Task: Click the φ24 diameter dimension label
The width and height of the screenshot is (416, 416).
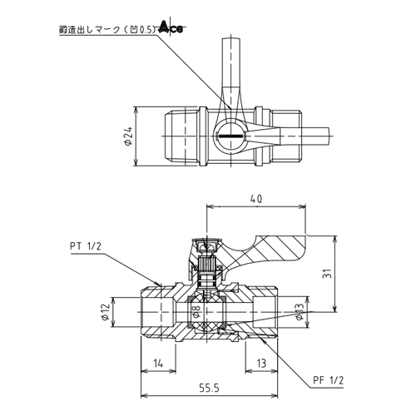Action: click(x=128, y=136)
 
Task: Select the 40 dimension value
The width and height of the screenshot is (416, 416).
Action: click(x=256, y=199)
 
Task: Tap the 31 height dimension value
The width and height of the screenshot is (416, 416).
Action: click(x=329, y=274)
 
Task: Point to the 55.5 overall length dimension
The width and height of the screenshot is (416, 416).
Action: click(x=210, y=389)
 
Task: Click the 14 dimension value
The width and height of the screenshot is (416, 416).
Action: click(x=158, y=364)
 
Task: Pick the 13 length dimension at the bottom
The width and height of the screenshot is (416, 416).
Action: click(x=261, y=364)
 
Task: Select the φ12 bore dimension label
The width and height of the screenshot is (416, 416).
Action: click(x=106, y=312)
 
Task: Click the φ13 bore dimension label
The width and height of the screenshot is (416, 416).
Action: click(x=300, y=311)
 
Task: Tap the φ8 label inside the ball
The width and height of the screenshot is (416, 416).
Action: click(x=196, y=311)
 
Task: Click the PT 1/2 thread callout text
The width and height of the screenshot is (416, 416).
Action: click(x=86, y=246)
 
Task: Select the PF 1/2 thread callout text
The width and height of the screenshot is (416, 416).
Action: click(x=329, y=380)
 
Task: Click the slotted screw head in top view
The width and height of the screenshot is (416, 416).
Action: click(x=230, y=136)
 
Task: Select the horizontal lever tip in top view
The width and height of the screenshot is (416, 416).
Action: click(x=305, y=136)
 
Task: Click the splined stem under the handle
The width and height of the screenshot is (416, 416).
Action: click(x=206, y=265)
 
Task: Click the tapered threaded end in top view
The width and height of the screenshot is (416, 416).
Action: click(x=181, y=136)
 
